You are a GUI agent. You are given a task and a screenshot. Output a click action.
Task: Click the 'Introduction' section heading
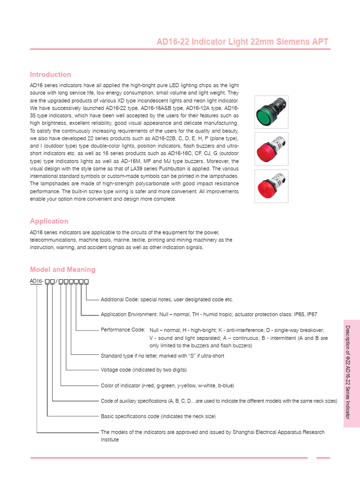click(x=51, y=75)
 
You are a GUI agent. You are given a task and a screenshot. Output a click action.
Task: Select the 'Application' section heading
click(x=49, y=221)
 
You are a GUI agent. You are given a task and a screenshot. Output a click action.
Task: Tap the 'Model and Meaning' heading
click(x=63, y=270)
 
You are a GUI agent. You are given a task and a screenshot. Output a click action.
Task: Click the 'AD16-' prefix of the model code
click(x=37, y=281)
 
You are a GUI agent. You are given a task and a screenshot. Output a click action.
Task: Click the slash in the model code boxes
click(x=56, y=281)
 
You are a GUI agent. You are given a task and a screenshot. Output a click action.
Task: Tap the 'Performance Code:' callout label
click(x=123, y=330)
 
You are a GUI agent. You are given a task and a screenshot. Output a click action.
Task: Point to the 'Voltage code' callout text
click(x=116, y=370)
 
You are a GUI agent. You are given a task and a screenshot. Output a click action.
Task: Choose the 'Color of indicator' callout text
click(x=120, y=386)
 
